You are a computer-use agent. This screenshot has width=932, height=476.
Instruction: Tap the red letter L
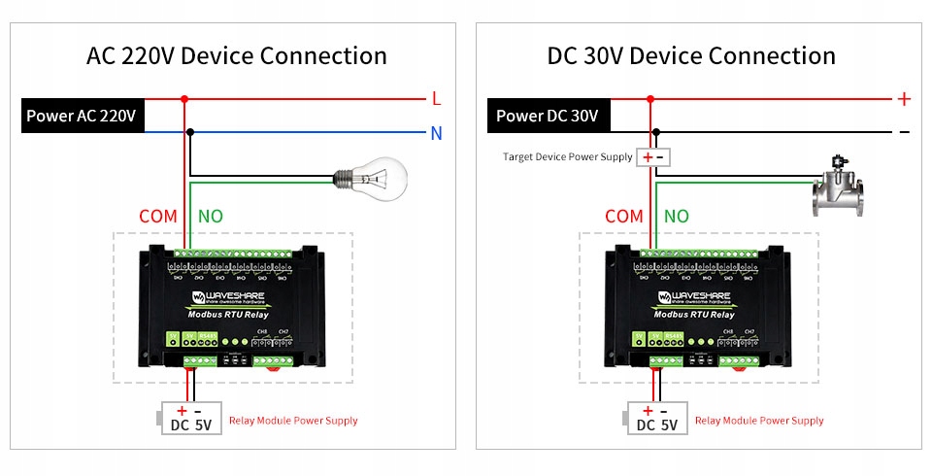pos(436,98)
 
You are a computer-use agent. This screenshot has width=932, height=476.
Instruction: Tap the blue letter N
pos(436,132)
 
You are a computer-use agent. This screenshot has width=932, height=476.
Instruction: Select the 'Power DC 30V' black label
pos(548,116)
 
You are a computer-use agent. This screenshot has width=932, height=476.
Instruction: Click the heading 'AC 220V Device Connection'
pos(237,55)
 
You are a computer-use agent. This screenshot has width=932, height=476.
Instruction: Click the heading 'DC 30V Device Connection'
pos(691,55)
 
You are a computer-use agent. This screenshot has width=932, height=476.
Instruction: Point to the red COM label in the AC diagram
pos(158,216)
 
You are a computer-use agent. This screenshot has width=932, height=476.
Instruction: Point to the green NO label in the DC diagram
pos(677,216)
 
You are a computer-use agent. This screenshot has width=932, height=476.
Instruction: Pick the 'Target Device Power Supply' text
pos(567,156)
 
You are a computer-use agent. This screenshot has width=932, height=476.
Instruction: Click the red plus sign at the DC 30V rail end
pos(904,98)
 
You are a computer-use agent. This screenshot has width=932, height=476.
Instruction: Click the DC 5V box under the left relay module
pos(191,419)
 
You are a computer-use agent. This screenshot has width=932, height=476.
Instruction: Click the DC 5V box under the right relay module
pos(656,419)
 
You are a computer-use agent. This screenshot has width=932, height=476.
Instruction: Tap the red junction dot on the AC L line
pos(184,98)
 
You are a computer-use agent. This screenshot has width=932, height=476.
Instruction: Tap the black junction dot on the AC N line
pos(190,132)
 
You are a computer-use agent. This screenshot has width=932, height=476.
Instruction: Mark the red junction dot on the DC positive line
pos(650,98)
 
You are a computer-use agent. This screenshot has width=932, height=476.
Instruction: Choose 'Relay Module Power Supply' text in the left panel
pos(293,421)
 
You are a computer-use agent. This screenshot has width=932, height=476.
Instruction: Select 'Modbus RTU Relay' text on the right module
pos(694,314)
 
